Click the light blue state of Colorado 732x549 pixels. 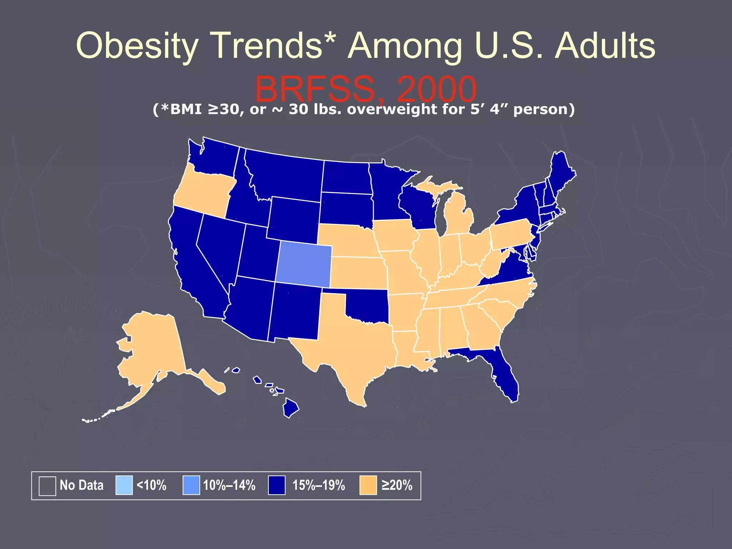(x=304, y=264)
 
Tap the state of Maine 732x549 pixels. (x=561, y=172)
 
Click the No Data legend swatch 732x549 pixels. (x=47, y=486)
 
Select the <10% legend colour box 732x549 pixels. (x=124, y=485)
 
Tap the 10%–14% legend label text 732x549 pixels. (x=229, y=485)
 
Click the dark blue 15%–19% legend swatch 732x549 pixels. (x=277, y=485)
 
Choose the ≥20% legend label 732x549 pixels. (x=397, y=485)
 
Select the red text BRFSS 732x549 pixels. (x=315, y=89)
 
